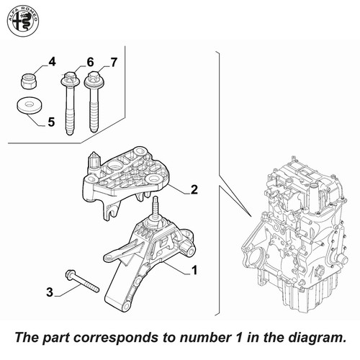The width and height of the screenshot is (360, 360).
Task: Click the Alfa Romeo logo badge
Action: click(23, 22)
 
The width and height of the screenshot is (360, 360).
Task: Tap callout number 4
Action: click(52, 62)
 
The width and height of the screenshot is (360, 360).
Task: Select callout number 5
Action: click(51, 122)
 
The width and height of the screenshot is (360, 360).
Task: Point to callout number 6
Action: click(90, 63)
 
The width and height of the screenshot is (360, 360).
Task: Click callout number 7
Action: click(114, 63)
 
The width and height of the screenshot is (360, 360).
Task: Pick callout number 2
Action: click(194, 189)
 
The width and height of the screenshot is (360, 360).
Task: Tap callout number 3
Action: click(50, 292)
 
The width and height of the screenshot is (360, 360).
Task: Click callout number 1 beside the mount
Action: click(194, 270)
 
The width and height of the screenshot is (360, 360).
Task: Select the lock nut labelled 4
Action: click(28, 81)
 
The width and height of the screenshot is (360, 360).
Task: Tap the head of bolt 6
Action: click(69, 78)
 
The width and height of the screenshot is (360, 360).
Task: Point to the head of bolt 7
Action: click(94, 78)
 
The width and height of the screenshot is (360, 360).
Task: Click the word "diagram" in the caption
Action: click(316, 338)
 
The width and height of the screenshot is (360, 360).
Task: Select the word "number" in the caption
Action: click(204, 337)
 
